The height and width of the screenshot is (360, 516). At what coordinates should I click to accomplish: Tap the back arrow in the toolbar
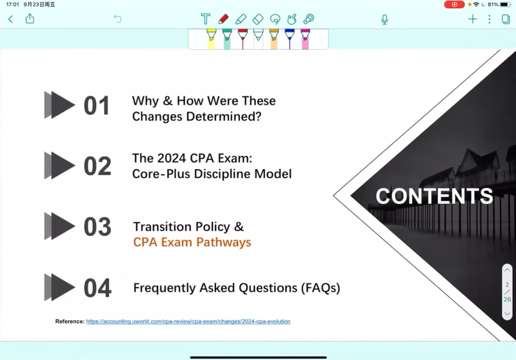pyautogui.click(x=11, y=19)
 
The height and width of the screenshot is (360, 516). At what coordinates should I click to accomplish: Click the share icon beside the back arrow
pyautogui.click(x=30, y=19)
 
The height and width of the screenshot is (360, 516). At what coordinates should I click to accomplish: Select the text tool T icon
pyautogui.click(x=205, y=19)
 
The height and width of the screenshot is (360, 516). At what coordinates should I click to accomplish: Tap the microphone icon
pyautogui.click(x=384, y=20)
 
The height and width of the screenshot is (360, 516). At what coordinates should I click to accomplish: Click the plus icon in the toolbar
pyautogui.click(x=473, y=19)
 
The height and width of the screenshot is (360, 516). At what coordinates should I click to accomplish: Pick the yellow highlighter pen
pyautogui.click(x=211, y=39)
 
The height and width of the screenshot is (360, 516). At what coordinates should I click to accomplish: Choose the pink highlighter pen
pyautogui.click(x=305, y=39)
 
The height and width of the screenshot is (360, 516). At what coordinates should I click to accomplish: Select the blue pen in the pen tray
pyautogui.click(x=290, y=39)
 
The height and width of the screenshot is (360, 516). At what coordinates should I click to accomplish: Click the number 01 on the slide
pyautogui.click(x=97, y=106)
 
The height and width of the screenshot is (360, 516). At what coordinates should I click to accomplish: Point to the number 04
pyautogui.click(x=97, y=288)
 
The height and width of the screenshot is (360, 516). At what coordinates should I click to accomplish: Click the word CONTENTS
pyautogui.click(x=434, y=196)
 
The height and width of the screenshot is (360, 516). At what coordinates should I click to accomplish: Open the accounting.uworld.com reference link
pyautogui.click(x=188, y=321)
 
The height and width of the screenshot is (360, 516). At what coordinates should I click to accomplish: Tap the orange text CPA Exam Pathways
pyautogui.click(x=192, y=242)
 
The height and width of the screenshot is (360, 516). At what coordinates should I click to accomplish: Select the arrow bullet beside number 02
pyautogui.click(x=60, y=166)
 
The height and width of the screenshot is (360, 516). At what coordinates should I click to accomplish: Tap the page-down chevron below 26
pyautogui.click(x=507, y=314)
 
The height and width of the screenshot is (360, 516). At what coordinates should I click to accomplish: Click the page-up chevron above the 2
pyautogui.click(x=507, y=270)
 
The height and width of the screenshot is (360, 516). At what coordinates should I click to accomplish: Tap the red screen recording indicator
pyautogui.click(x=454, y=5)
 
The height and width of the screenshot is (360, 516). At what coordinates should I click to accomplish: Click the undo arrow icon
pyautogui.click(x=118, y=19)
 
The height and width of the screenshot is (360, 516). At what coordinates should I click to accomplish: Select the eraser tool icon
pyautogui.click(x=258, y=19)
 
